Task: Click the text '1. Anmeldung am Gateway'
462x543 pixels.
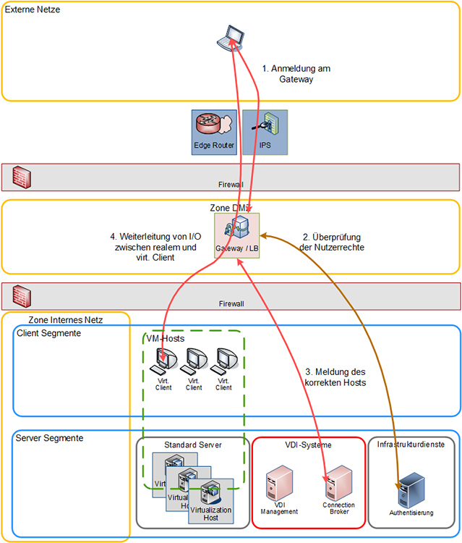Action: [x=296, y=74]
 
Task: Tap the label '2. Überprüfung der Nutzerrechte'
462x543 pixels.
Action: [x=334, y=242]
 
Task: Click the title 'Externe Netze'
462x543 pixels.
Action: [x=33, y=9]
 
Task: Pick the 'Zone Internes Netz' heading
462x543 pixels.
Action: [x=65, y=320]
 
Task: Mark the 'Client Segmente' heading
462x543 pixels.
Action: [x=48, y=333]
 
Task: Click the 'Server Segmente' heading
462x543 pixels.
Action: [x=50, y=438]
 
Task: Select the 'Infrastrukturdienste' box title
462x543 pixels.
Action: [x=411, y=444]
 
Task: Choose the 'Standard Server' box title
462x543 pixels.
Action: [x=193, y=444]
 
